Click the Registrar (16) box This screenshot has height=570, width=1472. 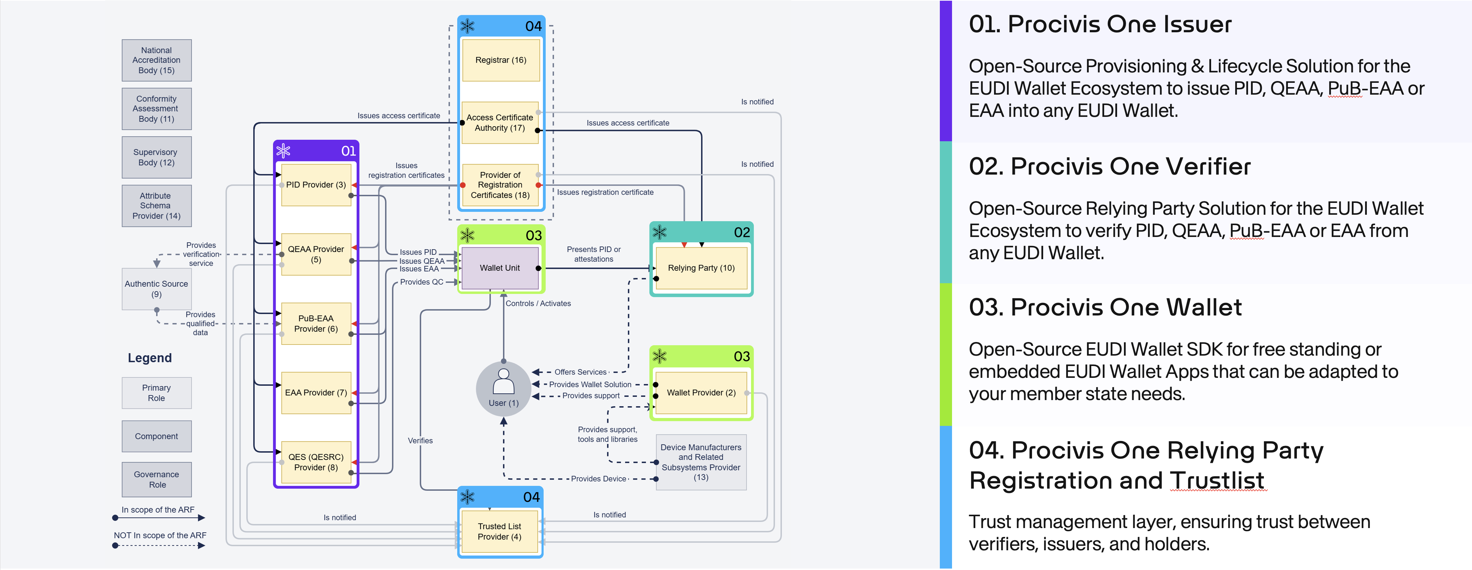pos(501,60)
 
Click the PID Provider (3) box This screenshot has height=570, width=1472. pos(316,185)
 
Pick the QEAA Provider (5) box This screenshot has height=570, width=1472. pos(316,254)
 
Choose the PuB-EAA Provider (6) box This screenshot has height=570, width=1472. pos(316,323)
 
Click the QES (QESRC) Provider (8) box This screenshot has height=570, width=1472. pos(316,462)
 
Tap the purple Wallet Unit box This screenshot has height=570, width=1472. pos(500,268)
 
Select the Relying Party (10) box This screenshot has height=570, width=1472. pos(701,268)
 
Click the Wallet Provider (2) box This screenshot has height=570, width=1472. pos(701,393)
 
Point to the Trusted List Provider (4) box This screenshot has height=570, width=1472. pos(500,531)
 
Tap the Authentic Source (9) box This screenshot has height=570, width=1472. pos(156,289)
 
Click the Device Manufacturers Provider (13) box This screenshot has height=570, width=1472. pos(701,462)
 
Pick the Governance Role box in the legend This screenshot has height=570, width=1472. pos(156,479)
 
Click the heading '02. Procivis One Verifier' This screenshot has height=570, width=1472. pos(1109,167)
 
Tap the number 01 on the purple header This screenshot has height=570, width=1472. pos(348,151)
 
